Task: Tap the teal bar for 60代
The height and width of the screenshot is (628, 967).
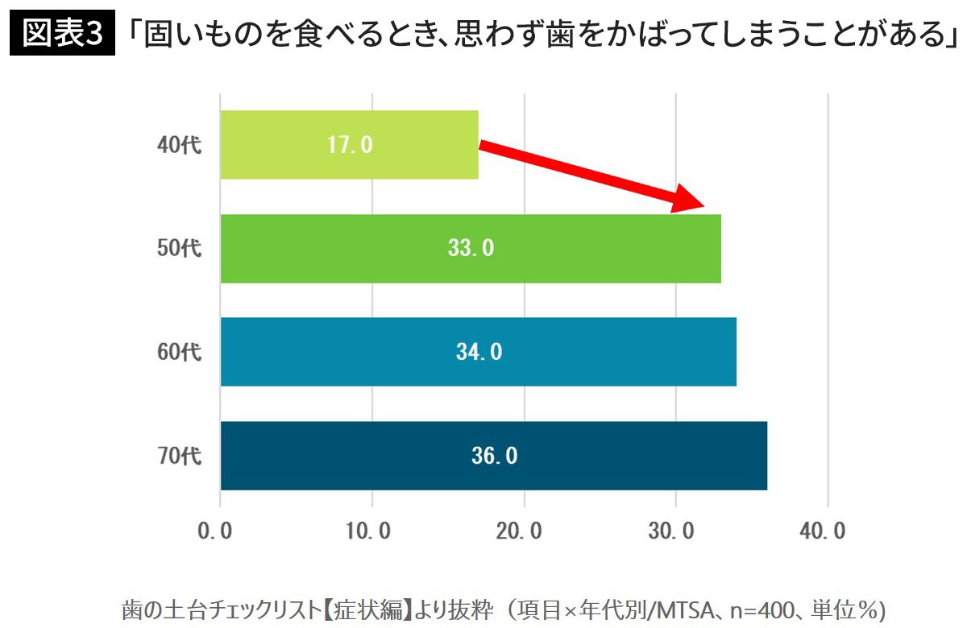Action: tap(612, 352)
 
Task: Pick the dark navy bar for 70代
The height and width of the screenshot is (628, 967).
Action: tap(645, 456)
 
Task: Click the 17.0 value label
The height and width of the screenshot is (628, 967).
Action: tap(350, 145)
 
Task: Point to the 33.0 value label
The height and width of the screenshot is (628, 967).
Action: tap(471, 248)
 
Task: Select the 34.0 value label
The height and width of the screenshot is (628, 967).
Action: tap(479, 352)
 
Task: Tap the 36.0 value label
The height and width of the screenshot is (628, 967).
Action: tap(494, 456)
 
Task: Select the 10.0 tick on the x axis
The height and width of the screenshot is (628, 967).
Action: tap(371, 532)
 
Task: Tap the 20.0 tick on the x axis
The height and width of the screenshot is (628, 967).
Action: tap(524, 532)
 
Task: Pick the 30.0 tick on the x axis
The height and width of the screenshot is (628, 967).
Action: tap(675, 532)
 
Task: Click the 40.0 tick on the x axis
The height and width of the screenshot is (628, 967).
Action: tap(828, 532)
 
